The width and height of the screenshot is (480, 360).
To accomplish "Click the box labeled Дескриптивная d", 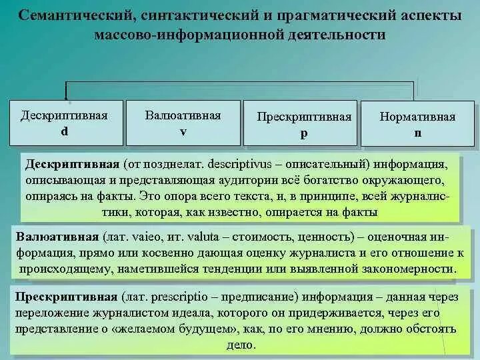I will coord(64,123).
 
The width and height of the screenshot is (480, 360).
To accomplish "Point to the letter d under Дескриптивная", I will coord(64,131).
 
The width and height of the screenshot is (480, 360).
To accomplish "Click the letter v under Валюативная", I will coord(183,131).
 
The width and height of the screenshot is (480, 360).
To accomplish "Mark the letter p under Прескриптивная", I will coord(304,133).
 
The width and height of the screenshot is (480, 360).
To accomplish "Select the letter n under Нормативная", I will coord(417,133).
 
